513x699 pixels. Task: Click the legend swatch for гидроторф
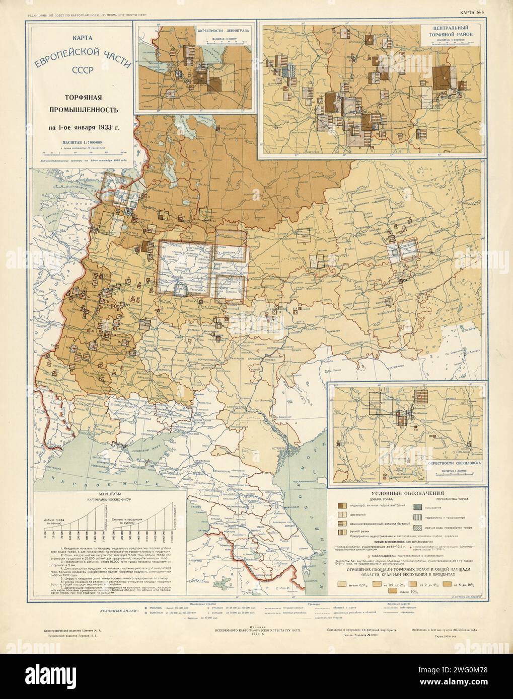pos(340,506)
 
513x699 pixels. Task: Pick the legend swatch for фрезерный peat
pos(340,515)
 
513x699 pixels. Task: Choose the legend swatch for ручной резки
pos(340,535)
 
